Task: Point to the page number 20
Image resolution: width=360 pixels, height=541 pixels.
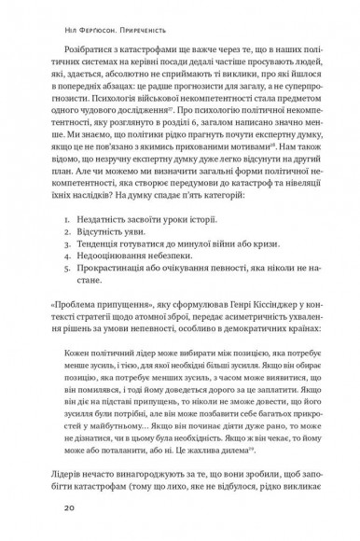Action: click(69, 509)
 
